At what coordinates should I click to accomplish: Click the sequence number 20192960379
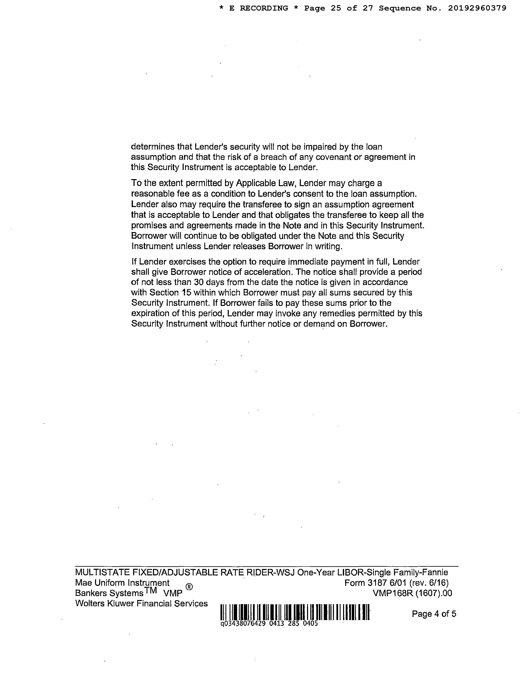click(x=477, y=8)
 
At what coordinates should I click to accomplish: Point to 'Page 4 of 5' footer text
click(x=434, y=614)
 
